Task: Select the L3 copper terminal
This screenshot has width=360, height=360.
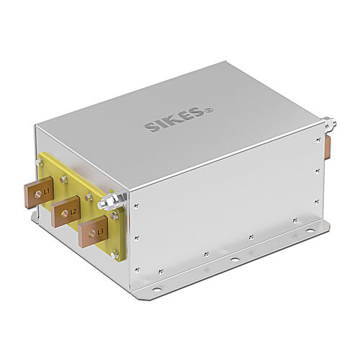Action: point(94,231)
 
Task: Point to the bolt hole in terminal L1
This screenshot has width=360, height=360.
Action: point(36,194)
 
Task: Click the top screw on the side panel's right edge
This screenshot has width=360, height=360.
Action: point(317,142)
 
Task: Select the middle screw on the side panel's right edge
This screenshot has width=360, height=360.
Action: point(318,171)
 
